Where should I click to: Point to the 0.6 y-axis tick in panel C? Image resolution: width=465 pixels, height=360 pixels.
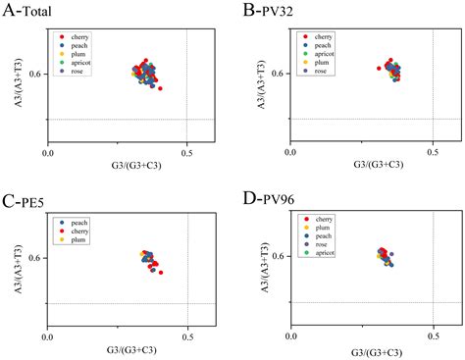[36, 258]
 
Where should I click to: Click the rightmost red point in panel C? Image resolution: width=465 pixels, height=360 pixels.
[161, 272]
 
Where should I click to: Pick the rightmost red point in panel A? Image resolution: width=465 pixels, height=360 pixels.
[160, 88]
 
